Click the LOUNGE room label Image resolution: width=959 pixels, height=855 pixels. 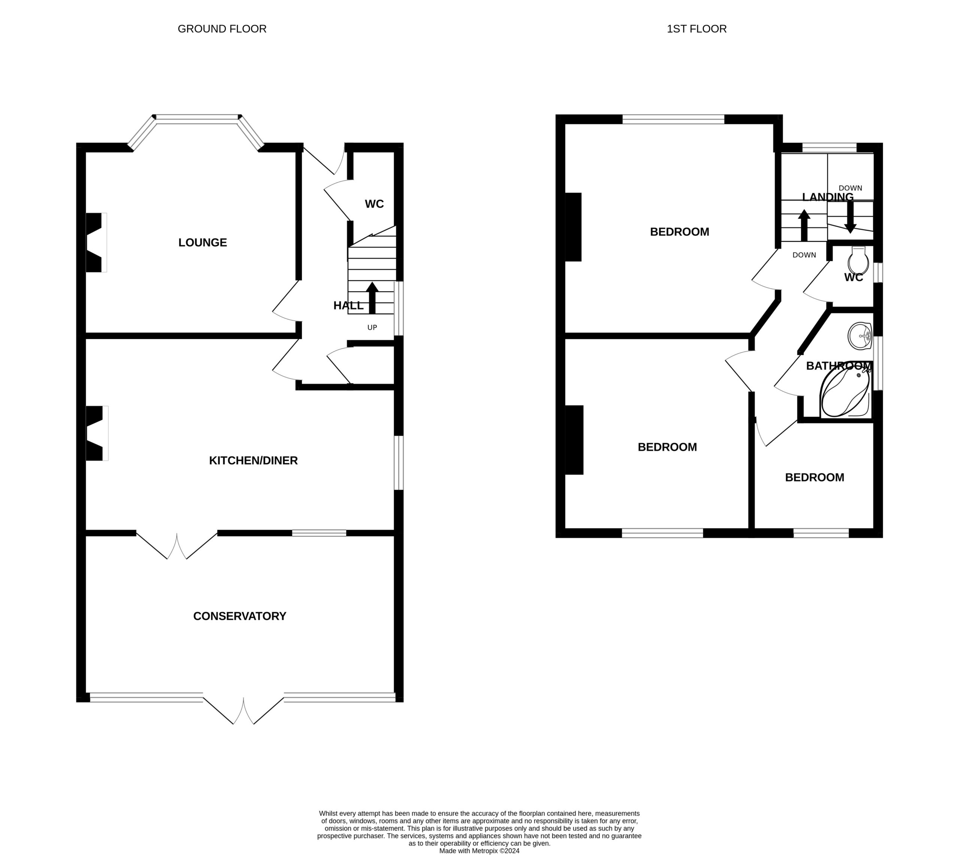click(x=203, y=243)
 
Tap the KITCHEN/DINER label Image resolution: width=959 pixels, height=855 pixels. click(x=253, y=460)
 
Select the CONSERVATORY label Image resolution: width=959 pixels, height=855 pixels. click(x=240, y=616)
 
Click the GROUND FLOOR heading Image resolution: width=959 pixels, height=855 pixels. click(x=222, y=29)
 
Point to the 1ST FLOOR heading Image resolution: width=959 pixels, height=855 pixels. click(x=697, y=29)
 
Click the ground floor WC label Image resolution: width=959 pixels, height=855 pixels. click(x=374, y=204)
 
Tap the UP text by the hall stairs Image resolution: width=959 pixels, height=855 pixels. click(x=372, y=328)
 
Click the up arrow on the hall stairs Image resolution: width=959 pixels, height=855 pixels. click(x=372, y=298)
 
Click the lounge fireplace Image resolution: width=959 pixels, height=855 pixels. click(x=96, y=243)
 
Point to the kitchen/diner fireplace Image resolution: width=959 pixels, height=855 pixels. click(x=96, y=433)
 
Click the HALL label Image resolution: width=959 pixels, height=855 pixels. click(x=348, y=305)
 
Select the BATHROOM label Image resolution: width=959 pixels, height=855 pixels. click(x=839, y=366)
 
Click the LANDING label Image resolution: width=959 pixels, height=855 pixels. click(x=828, y=197)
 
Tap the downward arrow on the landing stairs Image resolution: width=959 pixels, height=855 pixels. click(x=850, y=217)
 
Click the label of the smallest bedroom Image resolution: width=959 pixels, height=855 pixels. click(x=815, y=477)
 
